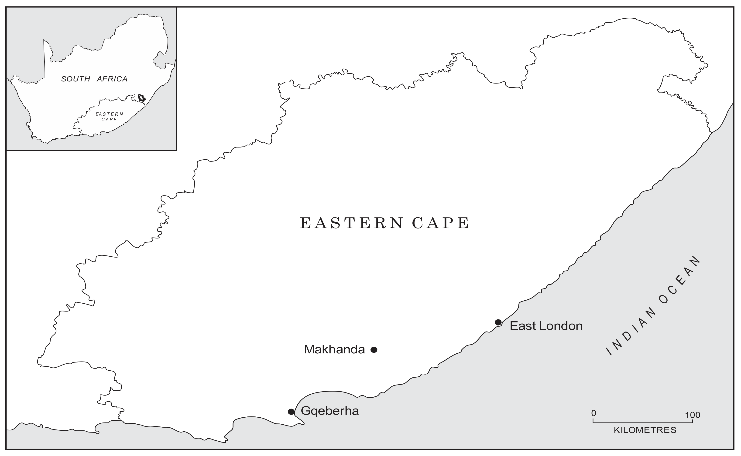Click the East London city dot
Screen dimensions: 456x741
coord(498,322)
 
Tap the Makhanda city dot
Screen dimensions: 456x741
coord(374,350)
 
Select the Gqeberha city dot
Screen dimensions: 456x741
coord(291,412)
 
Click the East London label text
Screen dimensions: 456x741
coord(546,326)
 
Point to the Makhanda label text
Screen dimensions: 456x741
coord(334,349)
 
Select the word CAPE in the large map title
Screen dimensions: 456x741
coord(440,223)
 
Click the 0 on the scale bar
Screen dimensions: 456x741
coord(593,413)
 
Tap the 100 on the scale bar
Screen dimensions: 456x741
coord(692,415)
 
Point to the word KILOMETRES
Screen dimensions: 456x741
coord(645,430)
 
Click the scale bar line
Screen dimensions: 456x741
coord(643,422)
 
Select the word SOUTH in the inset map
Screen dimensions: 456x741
coord(76,79)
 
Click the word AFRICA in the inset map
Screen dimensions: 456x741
coord(112,79)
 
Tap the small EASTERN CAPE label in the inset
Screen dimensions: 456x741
coord(109,117)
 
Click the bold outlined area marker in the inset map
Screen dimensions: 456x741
coord(141,98)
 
